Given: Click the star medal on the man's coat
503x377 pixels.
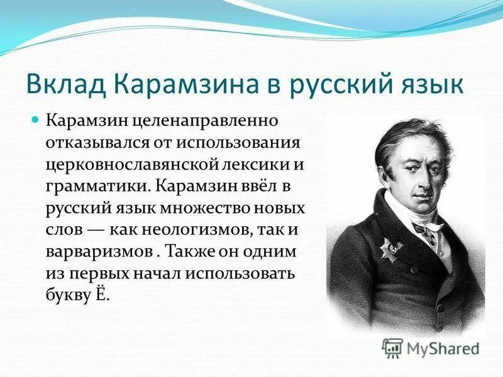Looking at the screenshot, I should tap(390, 247).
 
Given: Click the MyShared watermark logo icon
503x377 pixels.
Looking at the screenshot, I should tap(393, 347).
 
